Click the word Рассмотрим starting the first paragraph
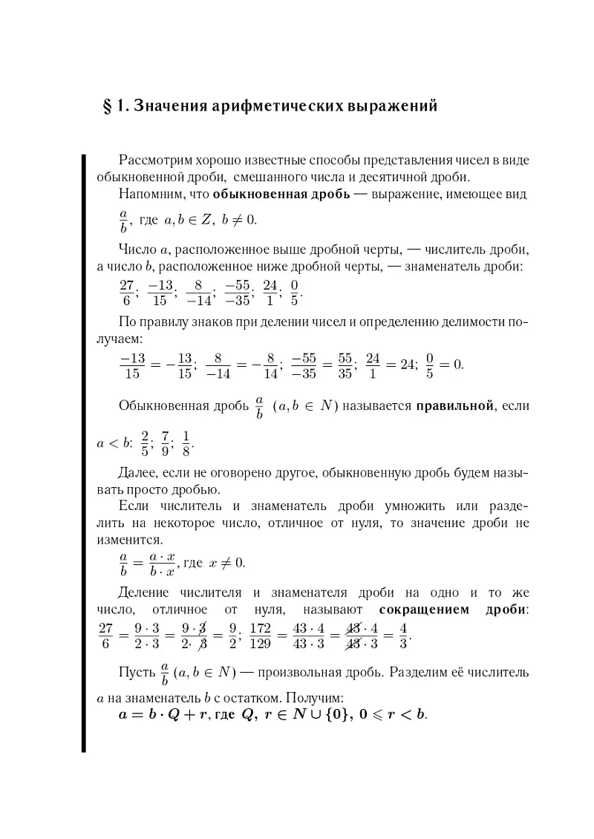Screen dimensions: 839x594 [152, 160]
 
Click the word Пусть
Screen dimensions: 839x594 [136, 673]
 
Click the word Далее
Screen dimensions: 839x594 [137, 472]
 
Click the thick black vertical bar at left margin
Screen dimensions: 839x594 [84, 453]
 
